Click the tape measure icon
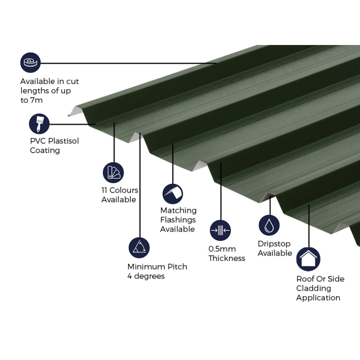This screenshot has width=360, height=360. click(x=30, y=62)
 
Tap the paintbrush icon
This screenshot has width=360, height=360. click(x=39, y=123)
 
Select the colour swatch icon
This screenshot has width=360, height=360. click(x=113, y=172)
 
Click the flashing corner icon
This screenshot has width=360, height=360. click(x=172, y=193)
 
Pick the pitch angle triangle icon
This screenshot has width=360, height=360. click(x=139, y=247)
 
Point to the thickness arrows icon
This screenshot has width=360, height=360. click(x=220, y=230)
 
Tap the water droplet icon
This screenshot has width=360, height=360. click(x=269, y=225)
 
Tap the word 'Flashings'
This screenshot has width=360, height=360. click(x=178, y=220)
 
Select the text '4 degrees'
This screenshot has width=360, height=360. click(x=146, y=276)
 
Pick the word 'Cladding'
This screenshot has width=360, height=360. click(x=313, y=288)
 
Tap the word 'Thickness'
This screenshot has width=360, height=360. click(x=227, y=258)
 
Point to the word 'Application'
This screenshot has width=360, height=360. click(x=318, y=297)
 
